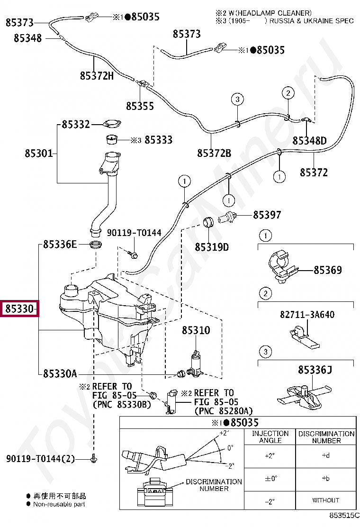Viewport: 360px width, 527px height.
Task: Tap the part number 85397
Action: [267, 215]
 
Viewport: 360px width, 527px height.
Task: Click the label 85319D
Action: [212, 247]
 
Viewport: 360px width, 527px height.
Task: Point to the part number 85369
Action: [328, 270]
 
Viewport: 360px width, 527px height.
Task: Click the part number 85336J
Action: [315, 369]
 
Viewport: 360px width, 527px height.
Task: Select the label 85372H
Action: [97, 75]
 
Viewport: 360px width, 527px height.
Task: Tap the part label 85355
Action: [140, 106]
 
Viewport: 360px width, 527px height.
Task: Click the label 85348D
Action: [309, 141]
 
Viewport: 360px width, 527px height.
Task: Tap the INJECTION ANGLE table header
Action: [270, 437]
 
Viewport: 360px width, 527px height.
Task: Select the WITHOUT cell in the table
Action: [325, 500]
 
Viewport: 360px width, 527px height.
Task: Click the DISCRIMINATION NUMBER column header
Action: [326, 437]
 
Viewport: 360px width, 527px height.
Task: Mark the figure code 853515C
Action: [345, 515]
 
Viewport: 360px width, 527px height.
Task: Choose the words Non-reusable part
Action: [59, 504]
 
